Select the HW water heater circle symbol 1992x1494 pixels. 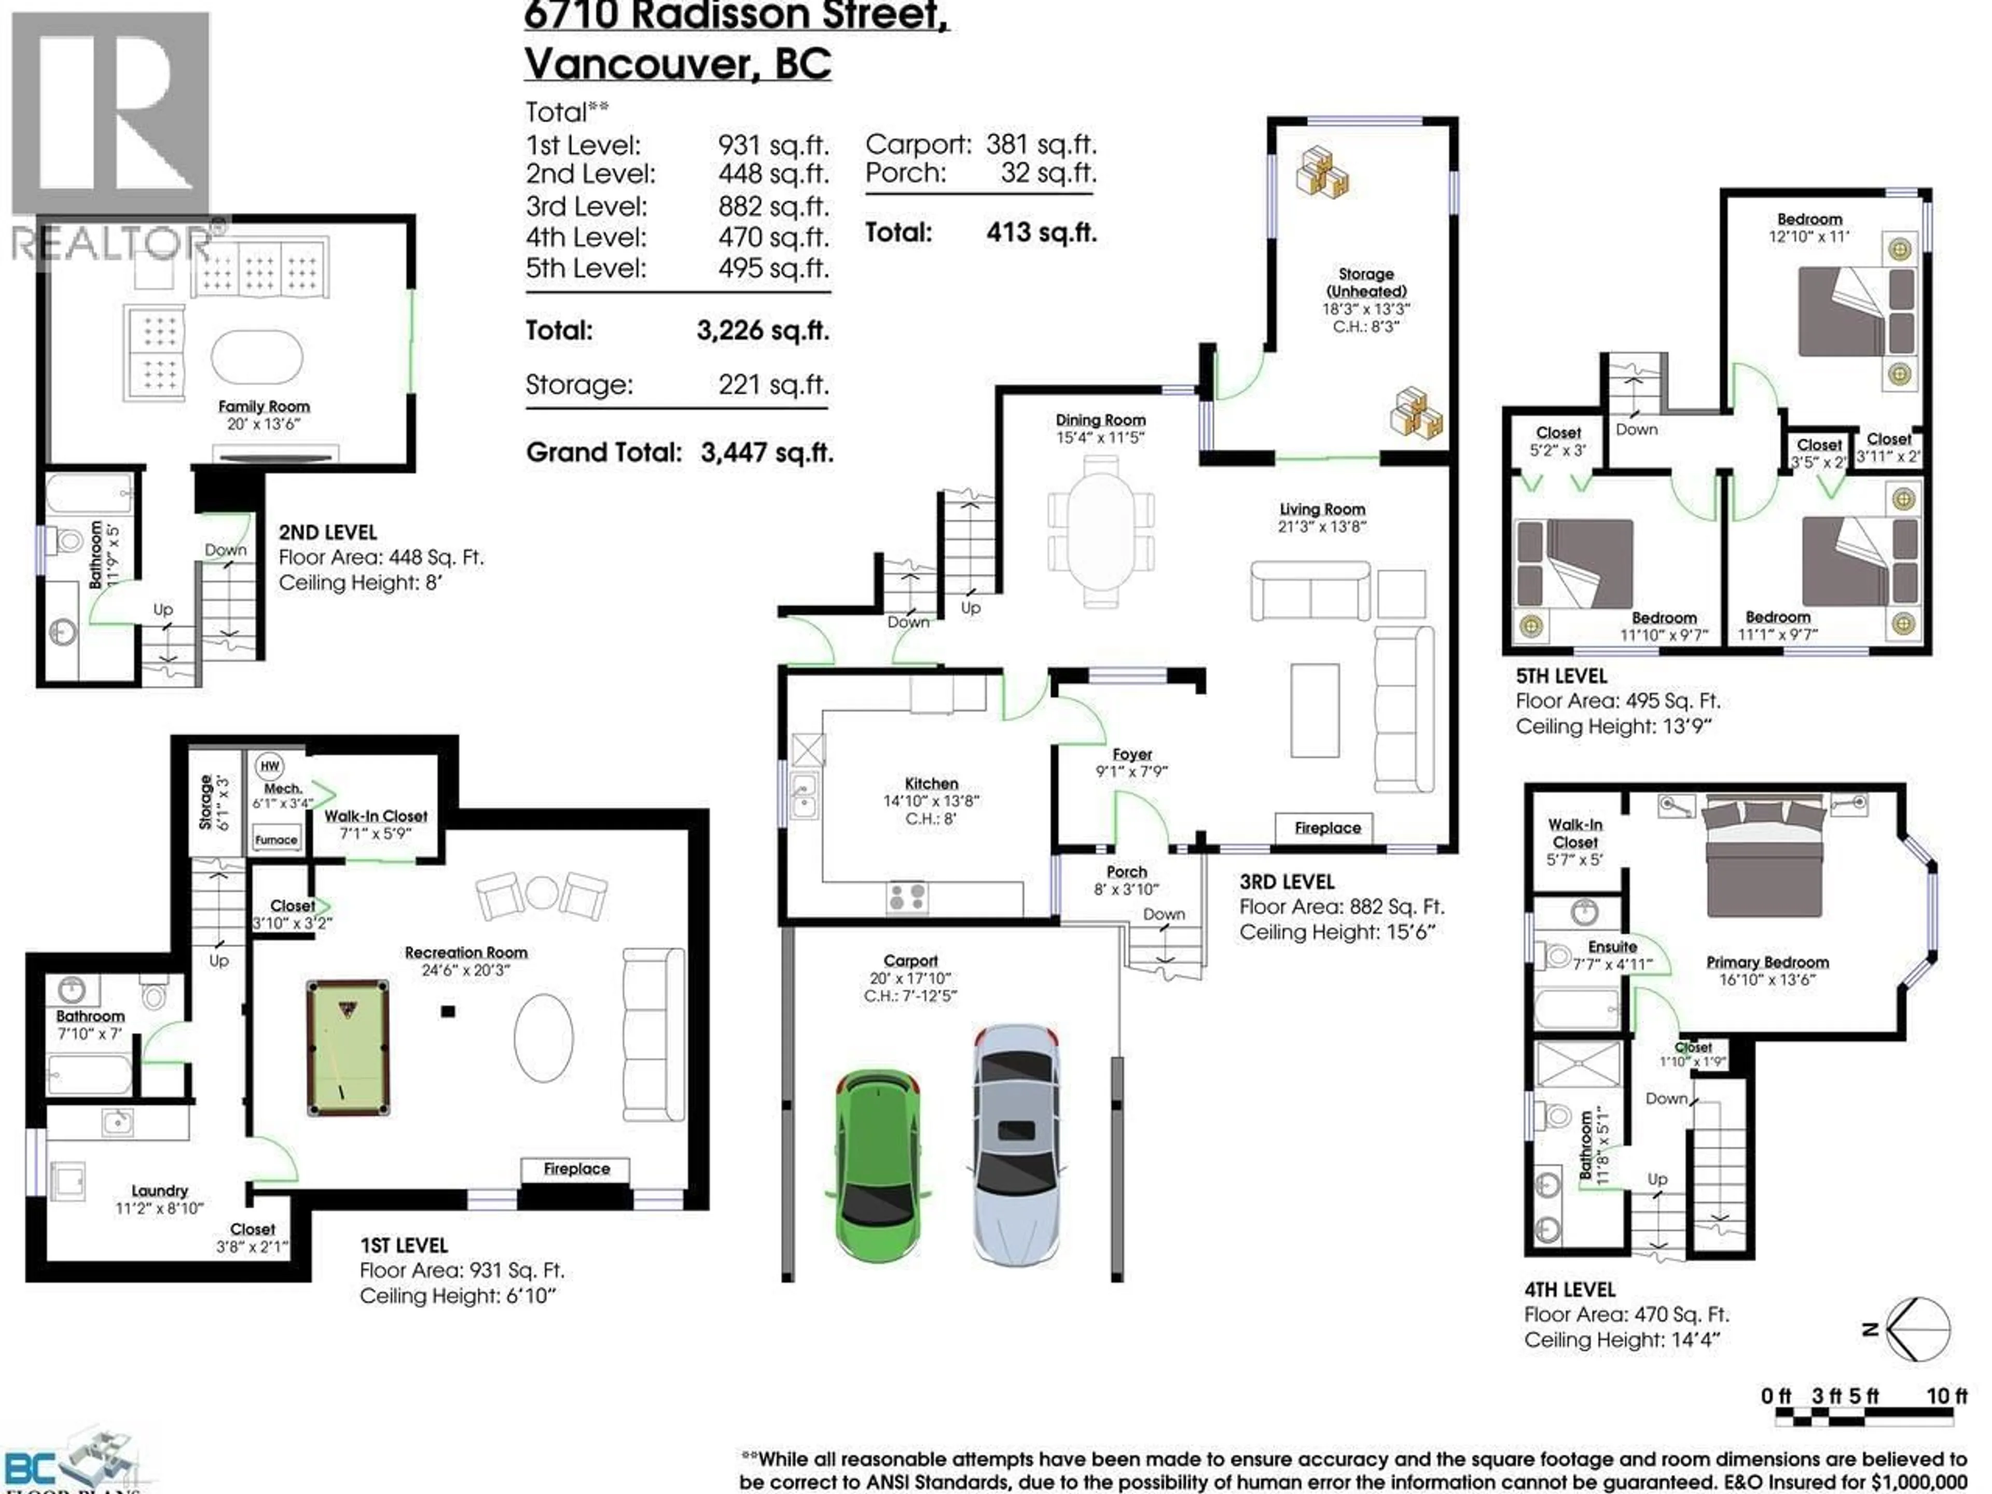pyautogui.click(x=269, y=766)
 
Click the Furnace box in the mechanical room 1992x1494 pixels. pyautogui.click(x=275, y=839)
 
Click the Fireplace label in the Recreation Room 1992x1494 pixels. pyautogui.click(x=576, y=1169)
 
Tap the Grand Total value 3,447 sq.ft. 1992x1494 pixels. pyautogui.click(x=766, y=452)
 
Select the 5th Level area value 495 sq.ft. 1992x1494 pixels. pyautogui.click(x=772, y=268)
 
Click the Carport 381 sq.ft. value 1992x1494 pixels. pyautogui.click(x=1040, y=144)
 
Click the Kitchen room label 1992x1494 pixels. pyautogui.click(x=931, y=783)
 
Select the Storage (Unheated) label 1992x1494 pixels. pyautogui.click(x=1365, y=282)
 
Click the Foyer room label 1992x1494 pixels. pyautogui.click(x=1132, y=755)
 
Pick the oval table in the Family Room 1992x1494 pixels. pyautogui.click(x=257, y=357)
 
